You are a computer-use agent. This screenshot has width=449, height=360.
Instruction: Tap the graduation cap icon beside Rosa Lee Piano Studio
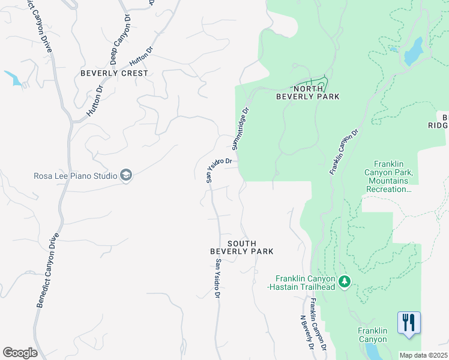(x=126, y=175)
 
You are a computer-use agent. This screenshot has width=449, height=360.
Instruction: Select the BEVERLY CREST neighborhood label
(x=114, y=73)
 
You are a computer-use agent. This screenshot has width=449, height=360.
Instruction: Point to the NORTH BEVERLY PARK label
(x=307, y=92)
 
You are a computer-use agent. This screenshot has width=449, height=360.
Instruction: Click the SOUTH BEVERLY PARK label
(x=242, y=247)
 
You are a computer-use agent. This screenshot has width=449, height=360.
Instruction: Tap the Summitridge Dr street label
(x=240, y=129)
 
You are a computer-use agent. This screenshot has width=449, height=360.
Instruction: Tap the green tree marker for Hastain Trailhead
(x=344, y=281)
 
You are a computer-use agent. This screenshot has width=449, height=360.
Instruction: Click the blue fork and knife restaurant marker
(x=409, y=322)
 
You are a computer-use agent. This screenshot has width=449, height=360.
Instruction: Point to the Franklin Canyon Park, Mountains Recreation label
(x=393, y=176)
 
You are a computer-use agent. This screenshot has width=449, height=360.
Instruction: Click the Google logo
(x=20, y=353)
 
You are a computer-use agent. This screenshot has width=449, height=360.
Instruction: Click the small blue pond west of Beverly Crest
(x=13, y=77)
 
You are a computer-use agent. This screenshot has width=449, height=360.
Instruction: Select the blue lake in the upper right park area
(x=413, y=52)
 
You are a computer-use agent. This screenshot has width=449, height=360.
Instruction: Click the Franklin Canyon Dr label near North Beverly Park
(x=344, y=151)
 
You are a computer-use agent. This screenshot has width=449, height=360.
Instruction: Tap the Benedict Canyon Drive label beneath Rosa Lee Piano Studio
(x=47, y=270)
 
